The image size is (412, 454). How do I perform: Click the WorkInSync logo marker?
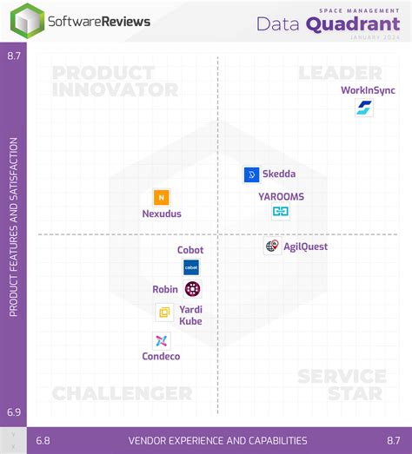(364, 109)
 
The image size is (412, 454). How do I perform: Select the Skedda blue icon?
(252, 174)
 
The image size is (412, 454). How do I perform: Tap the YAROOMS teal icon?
(281, 211)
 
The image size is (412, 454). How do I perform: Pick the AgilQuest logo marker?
(272, 246)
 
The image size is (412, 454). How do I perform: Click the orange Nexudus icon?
(161, 197)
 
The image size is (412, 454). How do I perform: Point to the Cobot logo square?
(190, 267)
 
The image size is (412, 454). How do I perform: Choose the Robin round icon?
(192, 289)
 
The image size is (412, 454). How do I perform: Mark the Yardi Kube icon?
(163, 313)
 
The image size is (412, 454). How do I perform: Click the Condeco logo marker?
(162, 340)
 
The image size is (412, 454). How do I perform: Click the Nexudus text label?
(162, 214)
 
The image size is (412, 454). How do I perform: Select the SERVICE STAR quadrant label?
(342, 385)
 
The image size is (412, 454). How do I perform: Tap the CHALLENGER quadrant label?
(122, 393)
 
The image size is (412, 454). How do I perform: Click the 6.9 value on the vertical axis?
(13, 413)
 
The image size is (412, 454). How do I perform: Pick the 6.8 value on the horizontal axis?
(43, 440)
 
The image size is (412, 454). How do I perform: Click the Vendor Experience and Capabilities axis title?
(217, 440)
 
